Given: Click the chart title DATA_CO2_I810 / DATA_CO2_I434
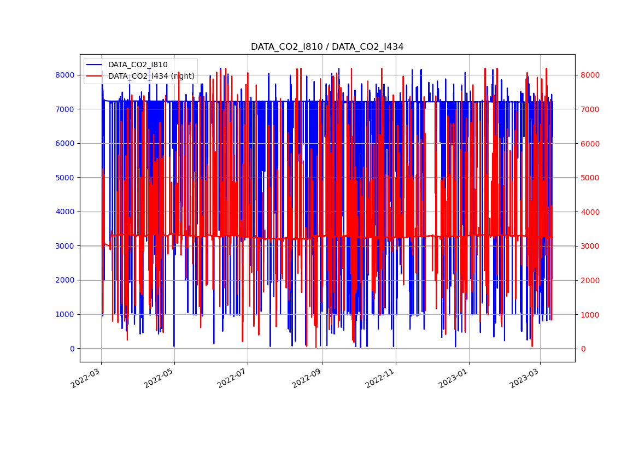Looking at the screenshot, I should pyautogui.click(x=327, y=47).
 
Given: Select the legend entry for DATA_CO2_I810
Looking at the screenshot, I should pyautogui.click(x=138, y=64).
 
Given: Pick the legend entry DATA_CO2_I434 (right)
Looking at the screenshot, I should pyautogui.click(x=151, y=76).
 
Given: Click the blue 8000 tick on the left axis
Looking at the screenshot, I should pyautogui.click(x=66, y=75).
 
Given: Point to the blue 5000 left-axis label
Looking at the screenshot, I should pyautogui.click(x=66, y=178).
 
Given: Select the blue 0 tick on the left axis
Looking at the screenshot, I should pyautogui.click(x=73, y=349).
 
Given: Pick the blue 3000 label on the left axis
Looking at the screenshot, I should pyautogui.click(x=66, y=246).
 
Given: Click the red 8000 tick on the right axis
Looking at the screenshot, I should pyautogui.click(x=589, y=75).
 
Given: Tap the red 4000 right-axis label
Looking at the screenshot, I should pyautogui.click(x=589, y=212).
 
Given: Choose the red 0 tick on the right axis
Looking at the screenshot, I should pyautogui.click(x=582, y=349).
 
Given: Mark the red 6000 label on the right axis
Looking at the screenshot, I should pyautogui.click(x=589, y=143).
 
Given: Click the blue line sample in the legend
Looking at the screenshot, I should pyautogui.click(x=95, y=64).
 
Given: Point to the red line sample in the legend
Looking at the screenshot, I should pyautogui.click(x=95, y=76).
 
